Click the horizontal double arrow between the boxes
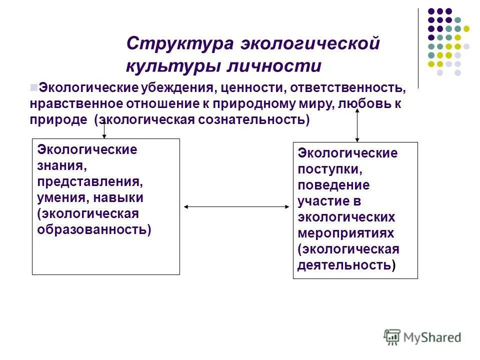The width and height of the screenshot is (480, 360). [236, 206]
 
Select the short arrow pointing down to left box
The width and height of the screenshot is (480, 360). [104, 129]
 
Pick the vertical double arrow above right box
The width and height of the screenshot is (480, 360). [357, 125]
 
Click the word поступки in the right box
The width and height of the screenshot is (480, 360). [328, 169]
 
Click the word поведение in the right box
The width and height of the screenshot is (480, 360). [334, 185]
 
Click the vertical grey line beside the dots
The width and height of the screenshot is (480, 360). [418, 48]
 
